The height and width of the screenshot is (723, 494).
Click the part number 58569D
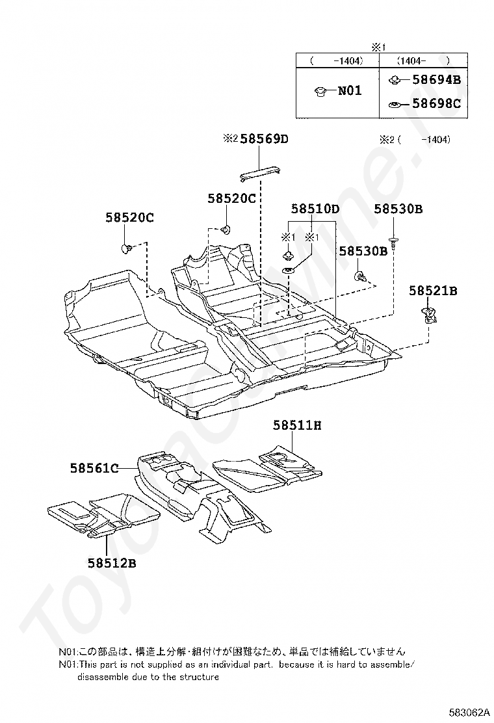coord(264,138)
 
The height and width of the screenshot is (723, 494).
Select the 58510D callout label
coord(315,209)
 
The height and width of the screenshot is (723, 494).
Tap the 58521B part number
coord(433,291)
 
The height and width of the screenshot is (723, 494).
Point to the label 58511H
coord(297,425)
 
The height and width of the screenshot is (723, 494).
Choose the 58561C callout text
coord(94,467)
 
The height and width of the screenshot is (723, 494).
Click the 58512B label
coord(112,563)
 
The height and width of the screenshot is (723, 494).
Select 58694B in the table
coord(437,80)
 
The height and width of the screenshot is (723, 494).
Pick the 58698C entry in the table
coord(437,103)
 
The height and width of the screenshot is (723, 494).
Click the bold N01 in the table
coord(349,91)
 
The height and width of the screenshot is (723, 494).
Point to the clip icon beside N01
coord(320,92)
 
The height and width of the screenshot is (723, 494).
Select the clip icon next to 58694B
coord(393,80)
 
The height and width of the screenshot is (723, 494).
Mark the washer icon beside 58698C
coord(393,103)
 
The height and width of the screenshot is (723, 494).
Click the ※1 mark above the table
coord(378,47)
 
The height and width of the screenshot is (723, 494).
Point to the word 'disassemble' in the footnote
coord(99,676)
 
